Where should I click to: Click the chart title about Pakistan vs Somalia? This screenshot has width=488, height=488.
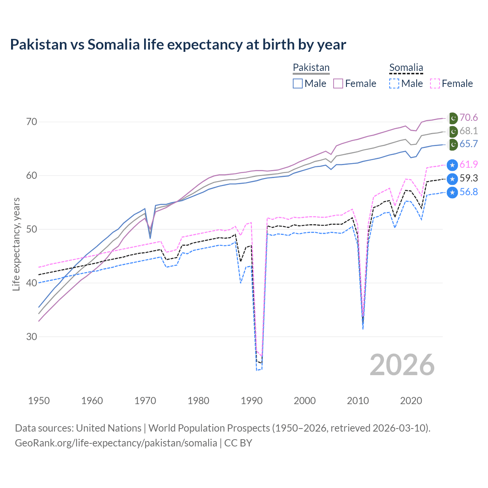click(x=178, y=45)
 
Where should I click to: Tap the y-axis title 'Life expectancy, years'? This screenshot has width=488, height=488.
click(x=16, y=244)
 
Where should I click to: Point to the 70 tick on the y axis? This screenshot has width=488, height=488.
click(x=32, y=122)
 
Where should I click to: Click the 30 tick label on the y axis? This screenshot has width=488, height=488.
click(x=32, y=337)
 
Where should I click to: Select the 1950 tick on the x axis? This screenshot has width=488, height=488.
click(x=39, y=401)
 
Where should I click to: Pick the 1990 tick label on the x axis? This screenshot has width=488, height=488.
click(x=252, y=401)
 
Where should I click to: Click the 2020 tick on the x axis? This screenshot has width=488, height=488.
click(x=411, y=401)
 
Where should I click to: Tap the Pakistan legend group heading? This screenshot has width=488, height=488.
click(x=311, y=67)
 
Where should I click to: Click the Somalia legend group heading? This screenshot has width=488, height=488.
click(x=406, y=67)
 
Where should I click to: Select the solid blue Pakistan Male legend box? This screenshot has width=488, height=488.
click(x=298, y=83)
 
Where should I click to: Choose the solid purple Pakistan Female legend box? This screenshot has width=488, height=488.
click(x=338, y=83)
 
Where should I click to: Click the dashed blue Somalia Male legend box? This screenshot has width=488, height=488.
click(x=394, y=83)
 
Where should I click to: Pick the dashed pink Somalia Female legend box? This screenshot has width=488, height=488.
click(x=435, y=83)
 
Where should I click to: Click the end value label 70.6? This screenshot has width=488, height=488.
click(x=469, y=118)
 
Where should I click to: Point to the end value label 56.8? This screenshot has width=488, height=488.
click(x=469, y=192)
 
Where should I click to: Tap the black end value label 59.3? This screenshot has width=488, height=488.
click(x=469, y=178)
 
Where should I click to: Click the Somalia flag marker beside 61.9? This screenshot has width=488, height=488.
click(x=452, y=165)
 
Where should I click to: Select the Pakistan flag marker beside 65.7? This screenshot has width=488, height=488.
click(x=453, y=144)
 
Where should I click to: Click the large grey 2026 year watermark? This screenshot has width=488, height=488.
click(x=402, y=365)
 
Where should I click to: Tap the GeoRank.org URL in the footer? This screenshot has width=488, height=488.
click(x=116, y=443)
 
